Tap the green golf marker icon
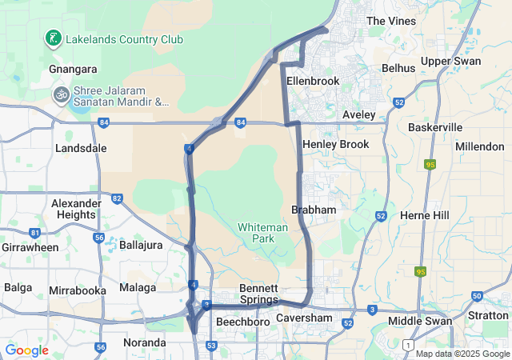pyautogui.click(x=53, y=38)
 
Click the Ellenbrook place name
pyautogui.click(x=313, y=81)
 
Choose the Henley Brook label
pyautogui.click(x=335, y=144)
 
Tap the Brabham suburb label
pyautogui.click(x=314, y=209)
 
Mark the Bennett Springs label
pyautogui.click(x=259, y=294)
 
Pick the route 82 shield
pyautogui.click(x=118, y=198)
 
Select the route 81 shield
pyautogui.click(x=34, y=233)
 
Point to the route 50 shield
pyautogui.click(x=477, y=296)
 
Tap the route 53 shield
pyautogui.click(x=211, y=346)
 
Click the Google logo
pyautogui.click(x=26, y=350)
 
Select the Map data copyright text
pyautogui.click(x=462, y=354)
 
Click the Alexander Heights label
pyautogui.click(x=76, y=209)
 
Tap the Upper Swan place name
pyautogui.click(x=451, y=61)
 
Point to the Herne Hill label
pyautogui.click(x=424, y=216)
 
